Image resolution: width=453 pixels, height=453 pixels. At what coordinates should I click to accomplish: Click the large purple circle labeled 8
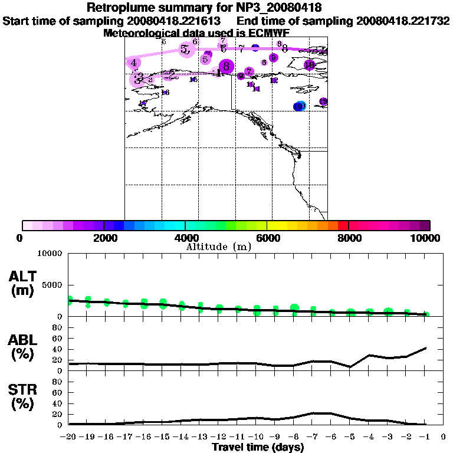pos(226,67)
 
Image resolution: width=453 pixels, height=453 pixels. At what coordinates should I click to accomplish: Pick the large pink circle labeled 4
pos(134,63)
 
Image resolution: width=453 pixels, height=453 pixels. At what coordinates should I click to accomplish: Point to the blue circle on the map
pos(300,106)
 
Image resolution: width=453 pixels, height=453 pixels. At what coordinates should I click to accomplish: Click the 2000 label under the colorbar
pos(104,238)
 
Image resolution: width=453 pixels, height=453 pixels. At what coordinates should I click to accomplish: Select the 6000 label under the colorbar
pos(267,238)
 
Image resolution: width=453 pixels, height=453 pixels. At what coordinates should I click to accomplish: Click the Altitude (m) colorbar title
pos(218,247)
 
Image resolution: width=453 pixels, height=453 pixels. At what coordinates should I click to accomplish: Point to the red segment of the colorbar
pos(343,225)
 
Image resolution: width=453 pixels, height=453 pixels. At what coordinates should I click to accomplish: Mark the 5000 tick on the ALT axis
pos(54,285)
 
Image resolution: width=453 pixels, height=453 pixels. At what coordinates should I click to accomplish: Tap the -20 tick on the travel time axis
pos(68,438)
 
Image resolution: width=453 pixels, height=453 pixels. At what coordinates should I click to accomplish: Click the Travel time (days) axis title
pos(258,448)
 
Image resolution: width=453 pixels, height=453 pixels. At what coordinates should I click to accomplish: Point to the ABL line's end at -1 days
pos(426,348)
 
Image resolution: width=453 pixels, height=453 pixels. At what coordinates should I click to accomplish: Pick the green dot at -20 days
pos(69,300)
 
